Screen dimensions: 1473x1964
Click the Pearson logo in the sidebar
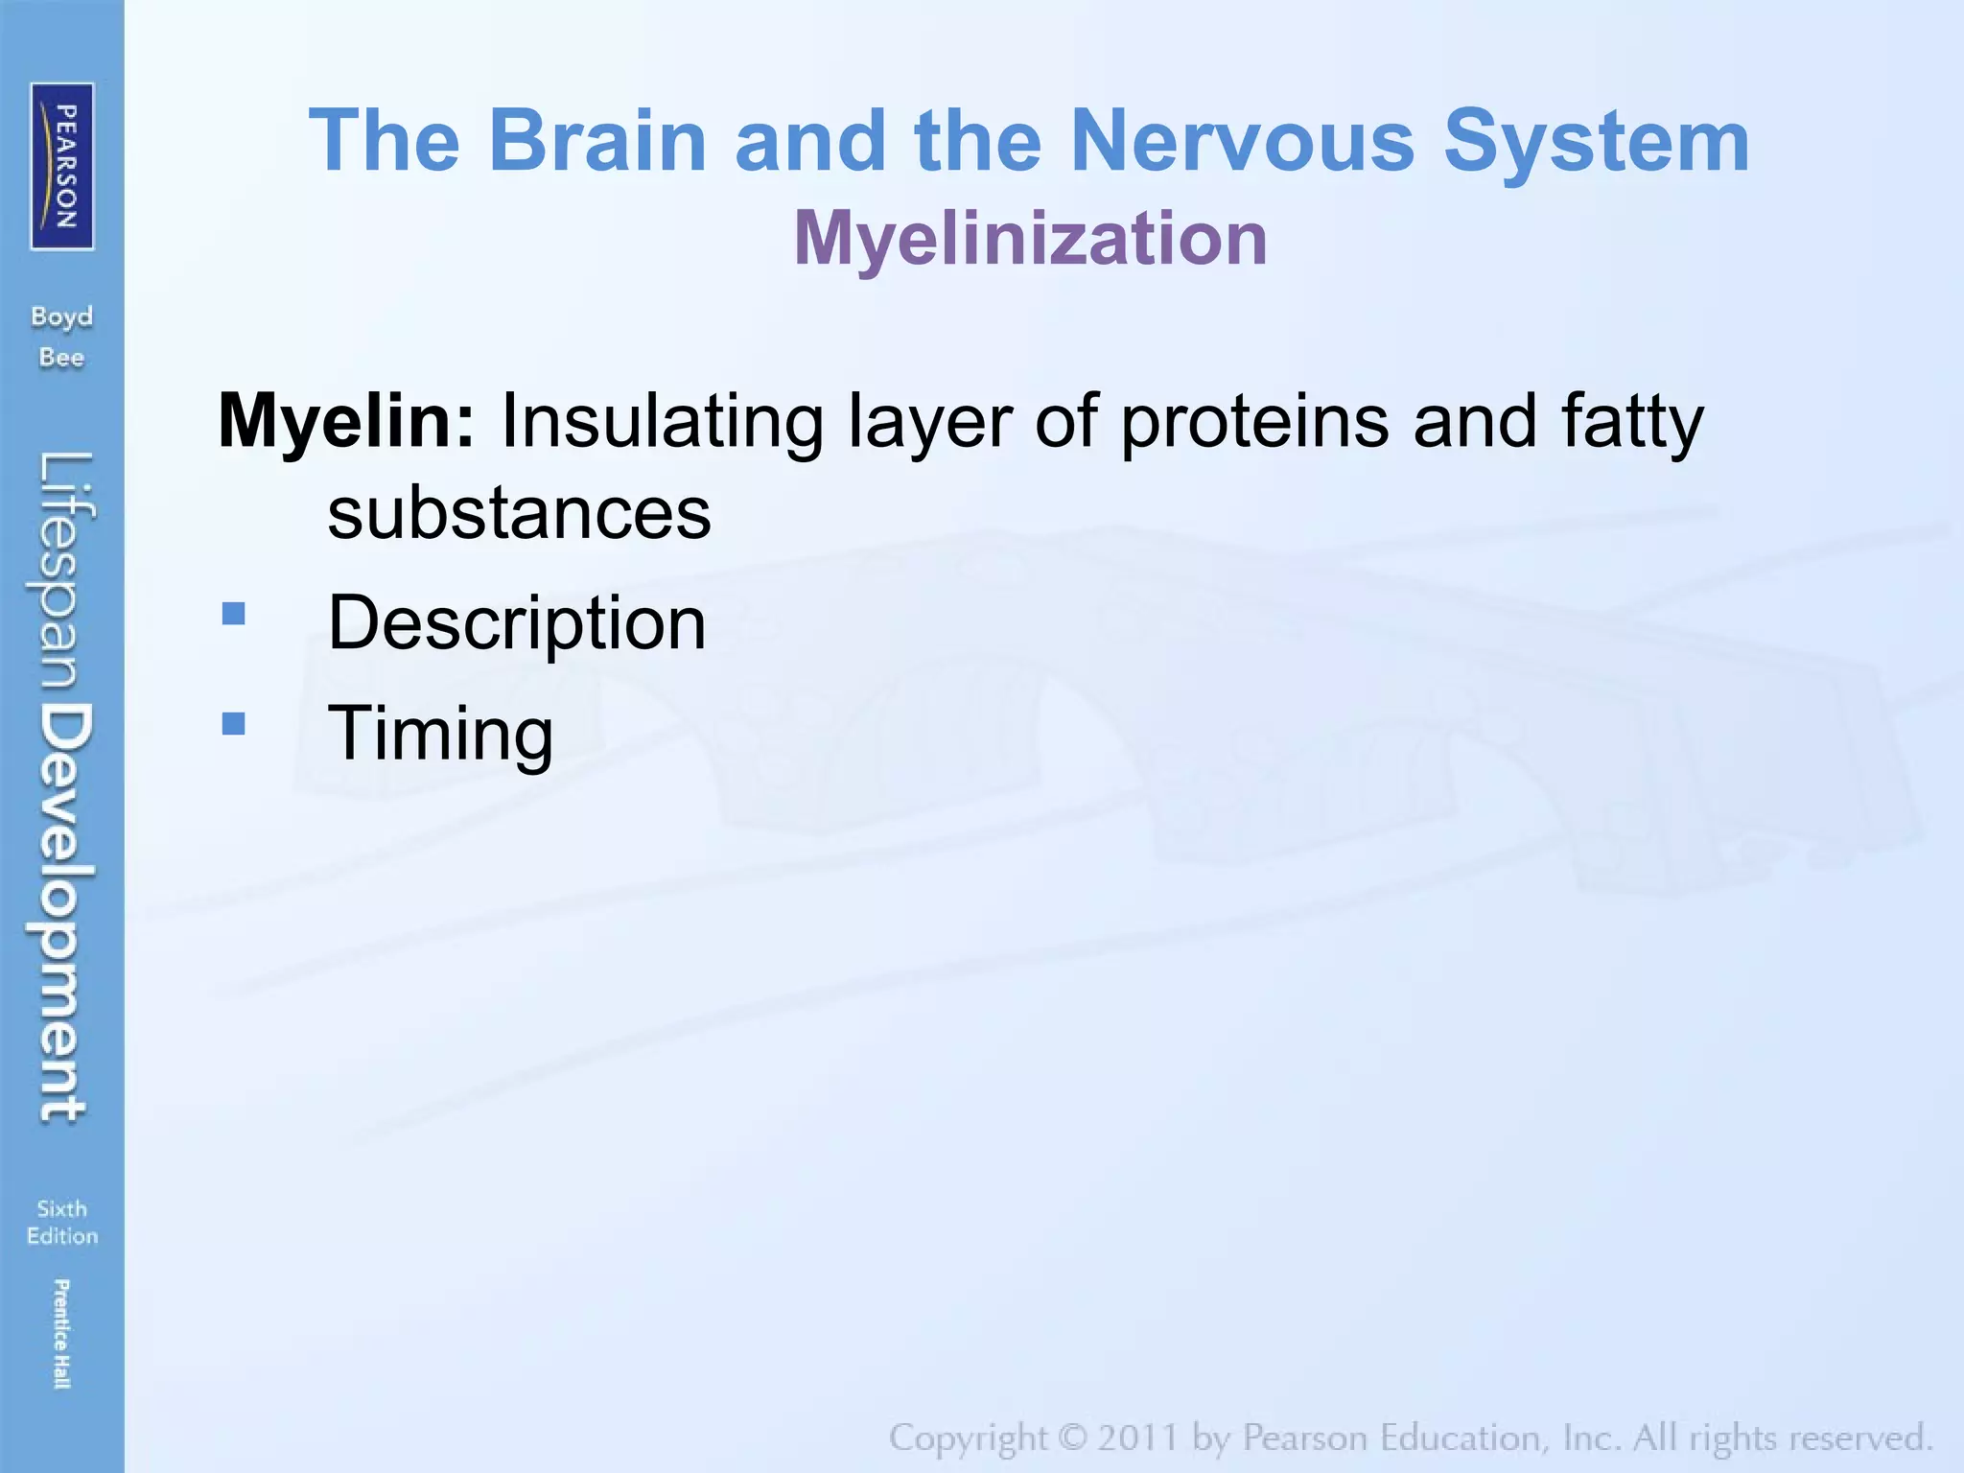coord(62,166)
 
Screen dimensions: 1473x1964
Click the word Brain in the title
coord(597,141)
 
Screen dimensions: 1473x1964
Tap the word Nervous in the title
coord(1242,141)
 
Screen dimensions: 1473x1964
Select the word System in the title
coord(1597,141)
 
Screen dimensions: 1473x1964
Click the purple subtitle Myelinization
coord(1031,238)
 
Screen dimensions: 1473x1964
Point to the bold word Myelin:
coord(346,421)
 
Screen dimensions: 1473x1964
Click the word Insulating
coord(662,421)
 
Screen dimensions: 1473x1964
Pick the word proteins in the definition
coord(1254,421)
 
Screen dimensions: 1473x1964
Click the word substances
coord(519,513)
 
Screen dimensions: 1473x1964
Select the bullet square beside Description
coord(233,613)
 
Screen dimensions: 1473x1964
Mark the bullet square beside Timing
coord(233,723)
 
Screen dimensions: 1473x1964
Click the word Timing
coord(440,734)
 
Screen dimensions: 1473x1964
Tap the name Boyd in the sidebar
coord(62,316)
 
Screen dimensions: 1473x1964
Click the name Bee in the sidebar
coord(62,358)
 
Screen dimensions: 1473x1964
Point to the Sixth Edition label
coord(62,1222)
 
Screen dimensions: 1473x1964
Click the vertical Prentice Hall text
coord(61,1333)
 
